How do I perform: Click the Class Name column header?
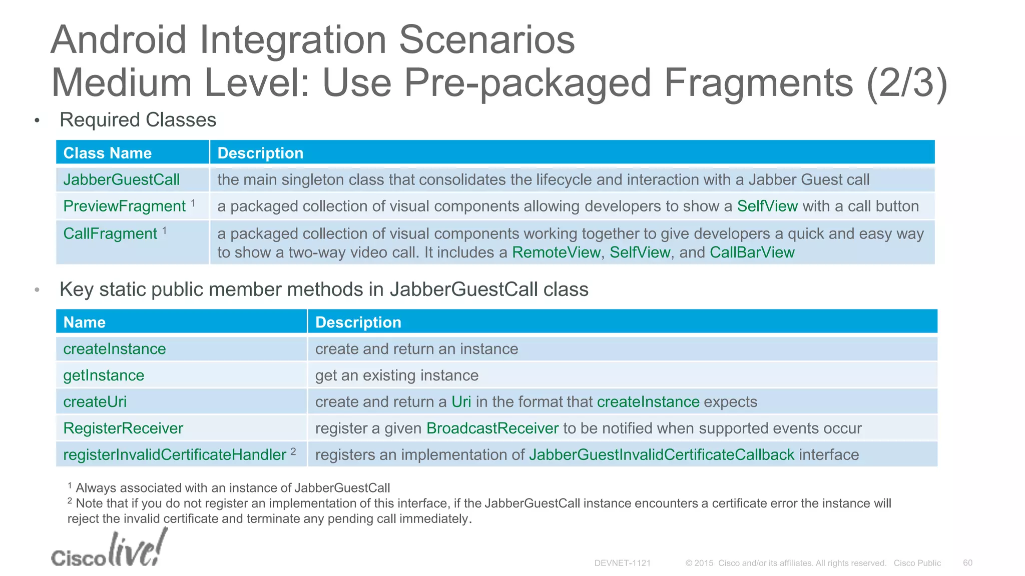click(107, 153)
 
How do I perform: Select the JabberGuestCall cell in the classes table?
click(121, 179)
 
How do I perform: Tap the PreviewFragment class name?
click(124, 206)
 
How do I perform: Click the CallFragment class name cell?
click(110, 233)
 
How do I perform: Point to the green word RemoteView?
click(556, 252)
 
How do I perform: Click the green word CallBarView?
click(752, 252)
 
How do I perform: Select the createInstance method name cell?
click(114, 349)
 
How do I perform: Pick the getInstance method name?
click(104, 375)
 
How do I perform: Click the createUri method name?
click(95, 402)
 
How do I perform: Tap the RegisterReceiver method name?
click(123, 428)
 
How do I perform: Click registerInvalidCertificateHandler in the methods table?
click(174, 455)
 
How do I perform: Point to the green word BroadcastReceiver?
click(492, 428)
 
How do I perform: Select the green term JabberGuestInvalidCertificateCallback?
click(661, 455)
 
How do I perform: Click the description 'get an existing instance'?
click(396, 375)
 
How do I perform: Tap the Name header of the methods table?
click(84, 322)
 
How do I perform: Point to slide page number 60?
click(967, 563)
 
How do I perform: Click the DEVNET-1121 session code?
click(622, 563)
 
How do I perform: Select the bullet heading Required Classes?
click(138, 120)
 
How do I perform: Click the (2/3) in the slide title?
click(906, 83)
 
